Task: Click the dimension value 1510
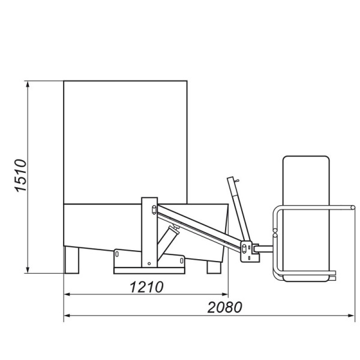coord(20,175)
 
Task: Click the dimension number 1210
coord(146,287)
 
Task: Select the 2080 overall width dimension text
coord(224,307)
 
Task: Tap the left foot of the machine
coord(72,261)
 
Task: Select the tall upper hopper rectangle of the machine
coord(125,142)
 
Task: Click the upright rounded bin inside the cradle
coord(305,216)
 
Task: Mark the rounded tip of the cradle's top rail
coord(353,208)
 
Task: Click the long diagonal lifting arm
coord(198,227)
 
